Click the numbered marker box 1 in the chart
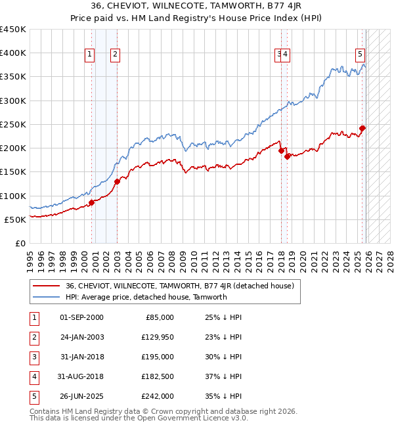[x=89, y=55]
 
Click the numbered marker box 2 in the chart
[x=114, y=55]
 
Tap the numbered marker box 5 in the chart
[x=361, y=55]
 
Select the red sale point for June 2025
[x=362, y=128]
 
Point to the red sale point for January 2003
[x=117, y=181]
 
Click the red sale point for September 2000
[x=92, y=202]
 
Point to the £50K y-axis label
[x=15, y=219]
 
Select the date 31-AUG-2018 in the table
[x=81, y=376]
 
